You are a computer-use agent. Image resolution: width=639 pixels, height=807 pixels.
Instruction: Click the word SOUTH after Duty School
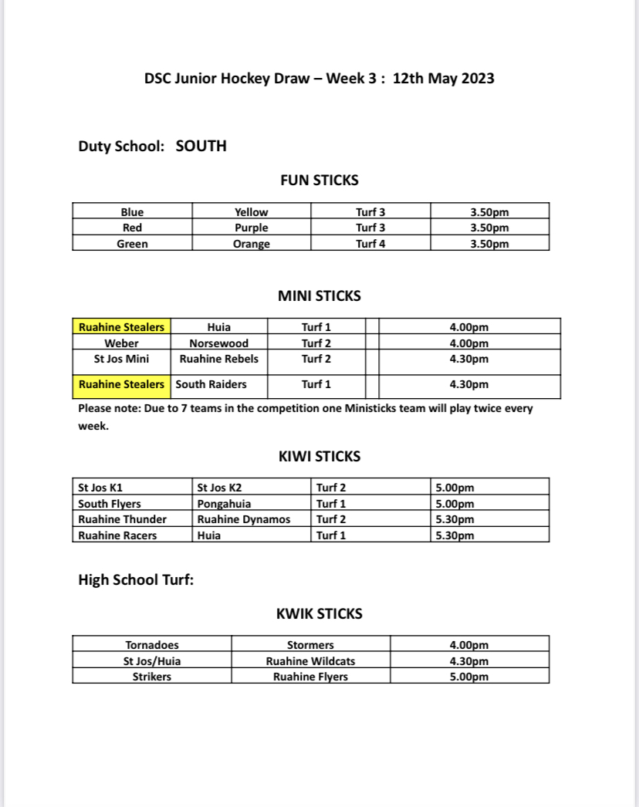(201, 146)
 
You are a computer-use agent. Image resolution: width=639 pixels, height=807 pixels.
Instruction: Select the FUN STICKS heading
(319, 181)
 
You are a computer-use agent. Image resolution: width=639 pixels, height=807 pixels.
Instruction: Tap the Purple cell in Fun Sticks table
(252, 228)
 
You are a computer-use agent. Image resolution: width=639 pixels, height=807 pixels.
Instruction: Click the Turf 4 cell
(370, 244)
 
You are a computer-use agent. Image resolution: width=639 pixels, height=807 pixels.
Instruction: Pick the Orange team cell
(252, 244)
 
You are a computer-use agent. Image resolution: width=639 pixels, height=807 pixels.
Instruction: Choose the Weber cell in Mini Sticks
(121, 343)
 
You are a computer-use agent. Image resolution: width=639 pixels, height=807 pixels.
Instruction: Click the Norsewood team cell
(219, 343)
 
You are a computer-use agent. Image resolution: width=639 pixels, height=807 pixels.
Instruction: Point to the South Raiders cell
(211, 384)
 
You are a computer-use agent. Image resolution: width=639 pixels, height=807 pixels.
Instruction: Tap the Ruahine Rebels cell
(219, 359)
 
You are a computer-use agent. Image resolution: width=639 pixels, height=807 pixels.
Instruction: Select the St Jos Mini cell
(121, 359)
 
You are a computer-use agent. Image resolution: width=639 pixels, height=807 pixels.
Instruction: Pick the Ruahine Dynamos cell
(244, 519)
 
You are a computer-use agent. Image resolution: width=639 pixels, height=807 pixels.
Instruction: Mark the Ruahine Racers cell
(117, 535)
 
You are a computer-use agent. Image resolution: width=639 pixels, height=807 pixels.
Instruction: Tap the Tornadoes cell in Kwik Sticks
(152, 645)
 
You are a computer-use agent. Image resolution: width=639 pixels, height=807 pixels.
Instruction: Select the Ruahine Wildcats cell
(310, 661)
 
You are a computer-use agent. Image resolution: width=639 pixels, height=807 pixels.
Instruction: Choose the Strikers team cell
(152, 677)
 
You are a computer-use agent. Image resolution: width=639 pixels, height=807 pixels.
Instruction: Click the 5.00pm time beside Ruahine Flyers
(469, 677)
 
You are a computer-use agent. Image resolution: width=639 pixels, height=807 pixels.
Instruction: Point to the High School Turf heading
(136, 579)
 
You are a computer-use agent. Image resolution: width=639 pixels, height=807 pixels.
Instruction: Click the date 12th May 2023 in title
(444, 78)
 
